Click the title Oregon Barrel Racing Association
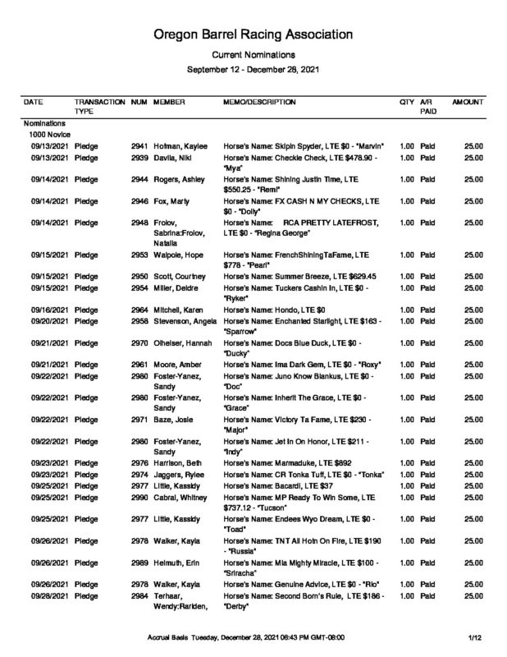coord(253,35)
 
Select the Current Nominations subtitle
coord(253,55)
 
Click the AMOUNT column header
coord(468,101)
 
